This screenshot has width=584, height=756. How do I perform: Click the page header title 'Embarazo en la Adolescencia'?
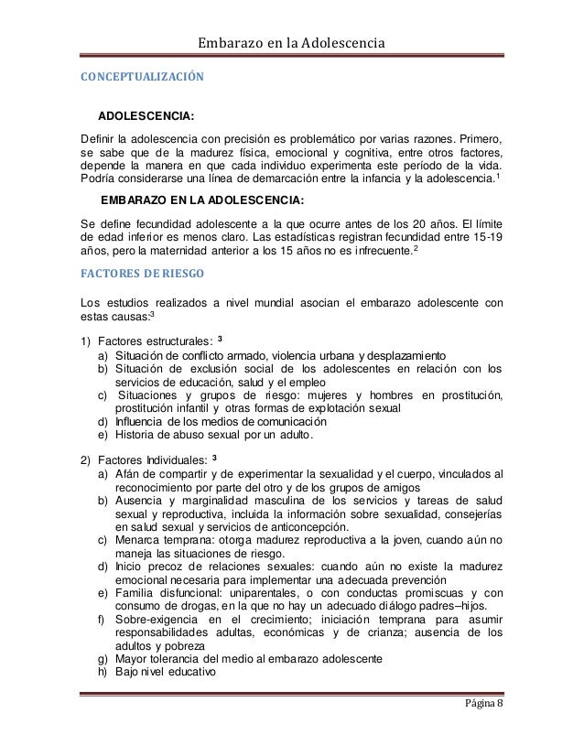(292, 43)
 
